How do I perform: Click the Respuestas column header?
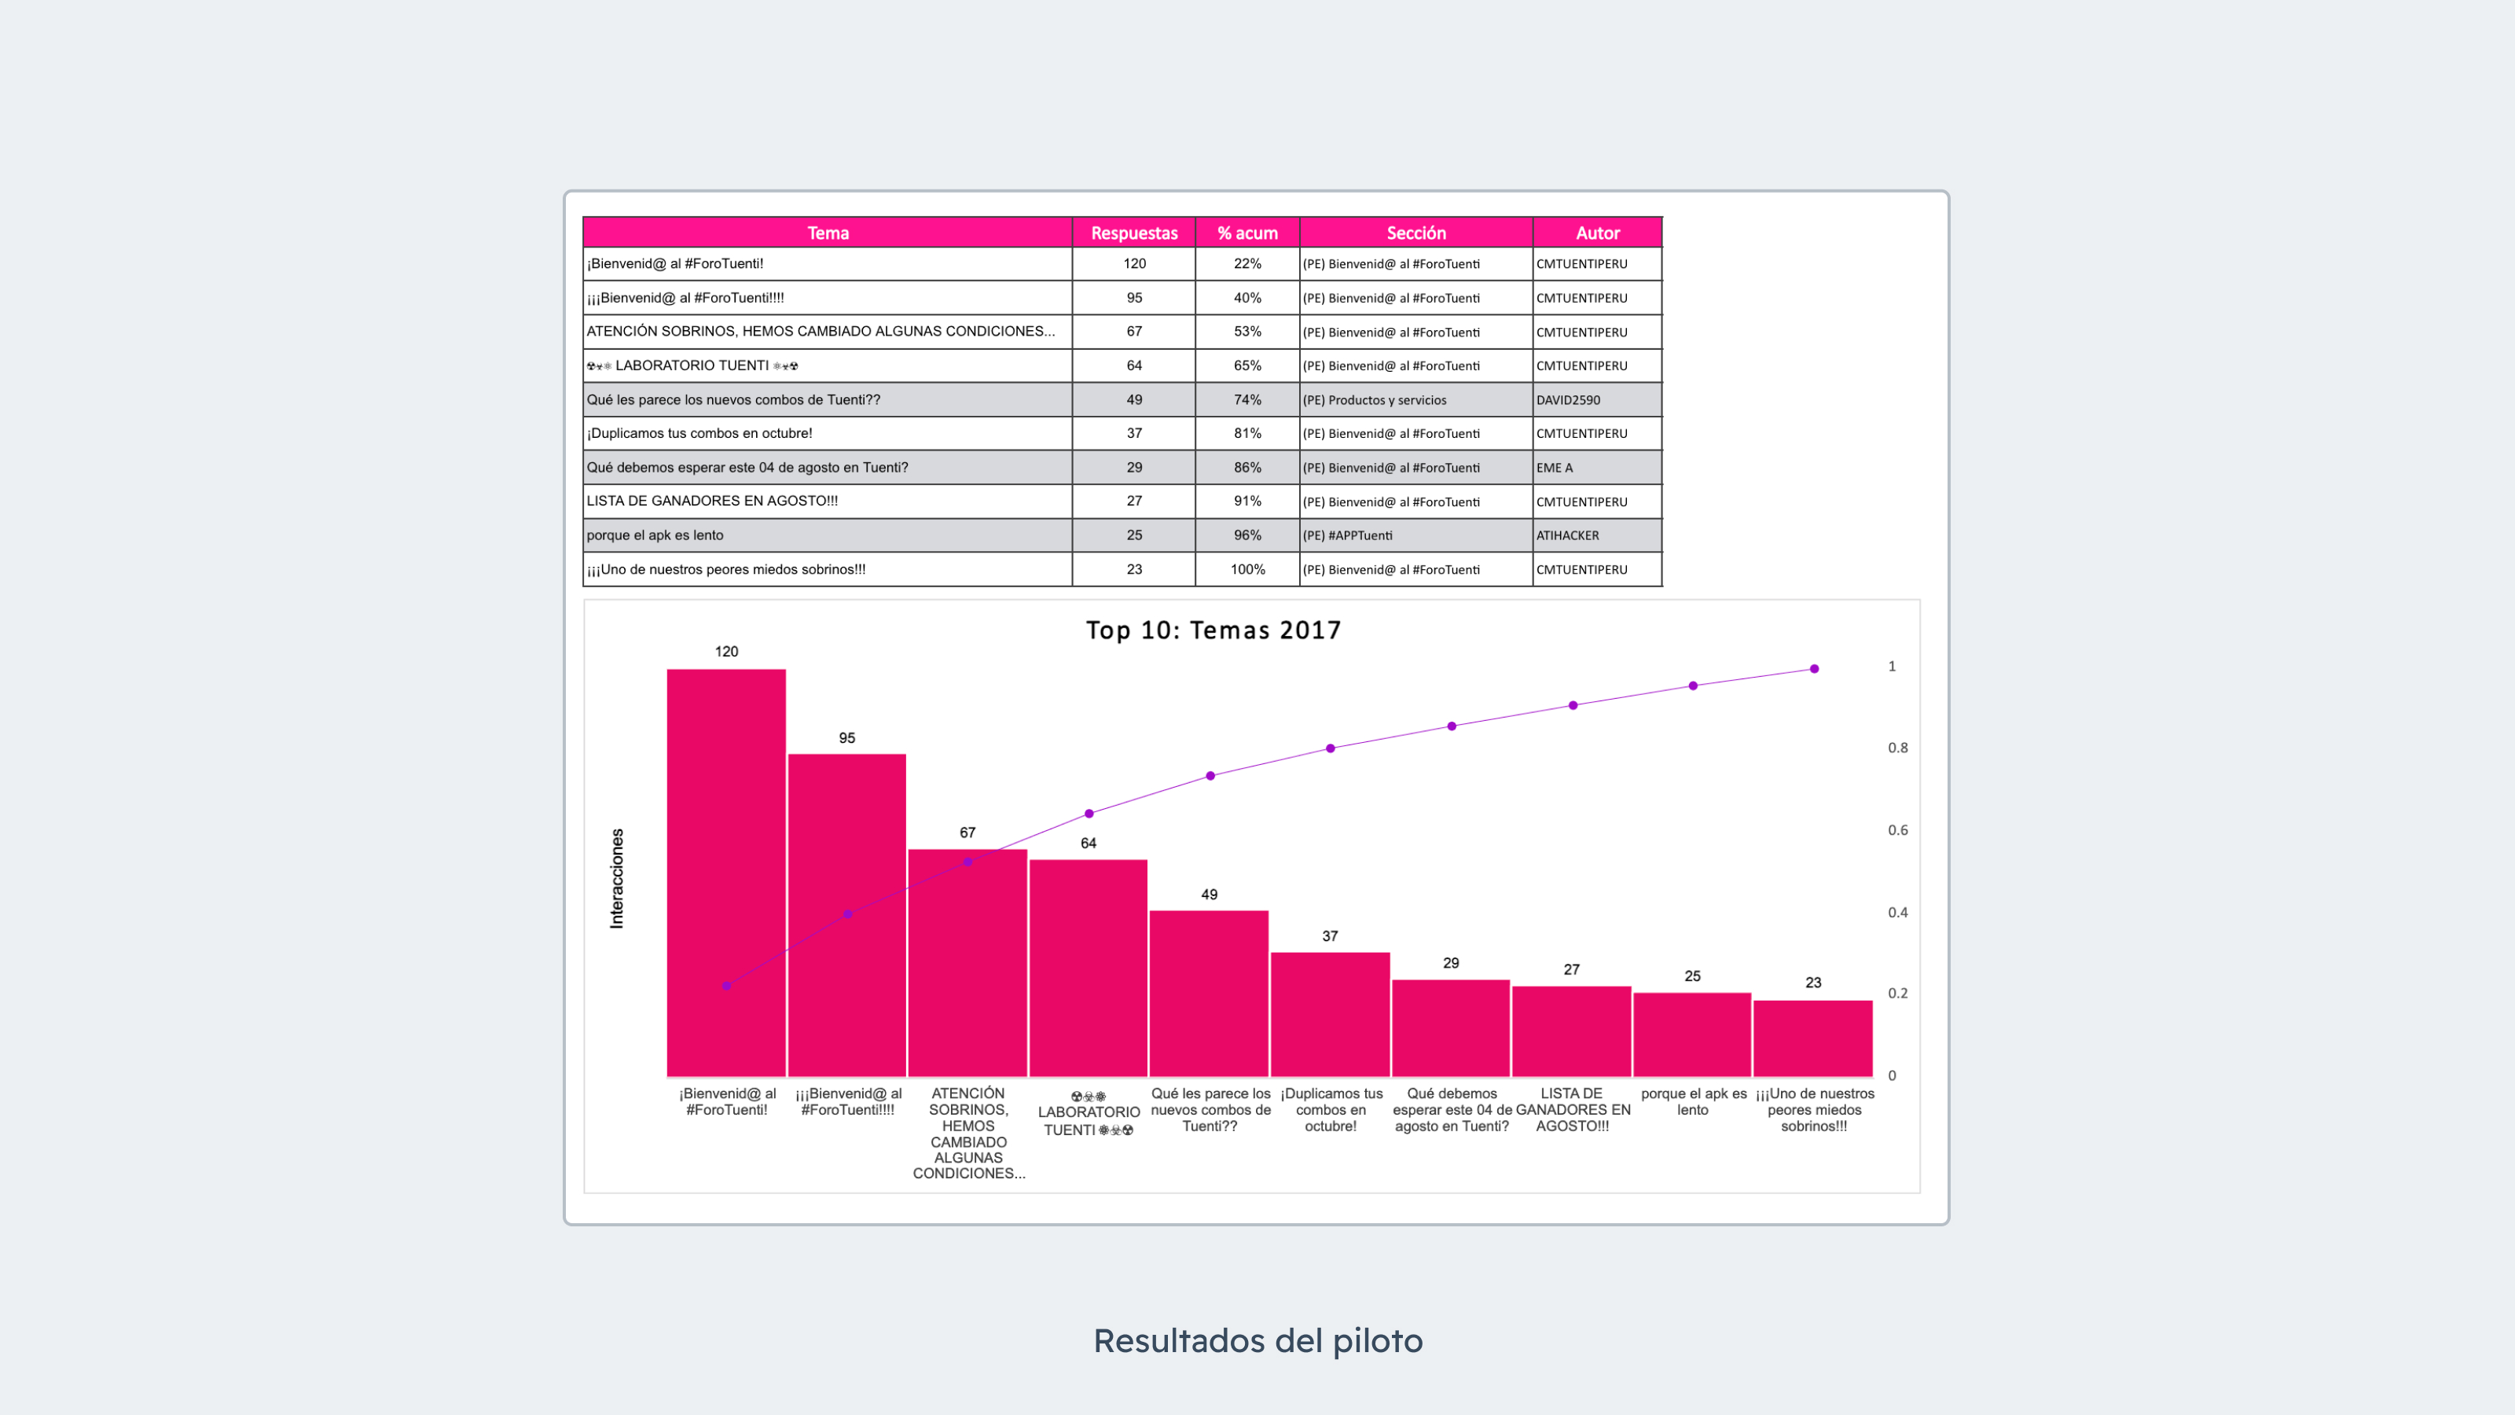point(1133,233)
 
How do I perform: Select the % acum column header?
point(1246,233)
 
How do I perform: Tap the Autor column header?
point(1597,233)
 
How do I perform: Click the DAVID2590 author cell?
point(1568,399)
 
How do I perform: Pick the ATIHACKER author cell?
point(1568,535)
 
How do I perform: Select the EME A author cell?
point(1555,468)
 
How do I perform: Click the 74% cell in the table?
point(1246,399)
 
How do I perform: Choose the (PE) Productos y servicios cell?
point(1375,399)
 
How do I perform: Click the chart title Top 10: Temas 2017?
point(1213,630)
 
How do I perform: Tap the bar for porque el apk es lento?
point(1692,1035)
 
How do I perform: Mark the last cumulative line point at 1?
point(1814,669)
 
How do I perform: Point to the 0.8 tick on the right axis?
point(1897,748)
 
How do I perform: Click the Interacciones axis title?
point(617,878)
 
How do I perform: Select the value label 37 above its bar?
point(1330,935)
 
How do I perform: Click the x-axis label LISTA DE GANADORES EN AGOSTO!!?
point(1572,1109)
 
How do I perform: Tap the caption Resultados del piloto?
point(1257,1341)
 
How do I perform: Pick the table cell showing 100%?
point(1246,569)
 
